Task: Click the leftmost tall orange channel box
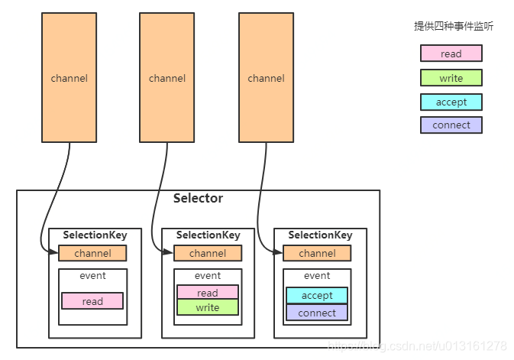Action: pyautogui.click(x=70, y=78)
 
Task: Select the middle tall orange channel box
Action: pyautogui.click(x=166, y=78)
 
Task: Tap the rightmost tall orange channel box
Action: pyautogui.click(x=267, y=78)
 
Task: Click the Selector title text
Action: pyautogui.click(x=198, y=199)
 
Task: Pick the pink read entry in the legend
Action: pyautogui.click(x=451, y=54)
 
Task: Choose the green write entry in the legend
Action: pyautogui.click(x=451, y=78)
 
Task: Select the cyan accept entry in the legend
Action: pyautogui.click(x=451, y=102)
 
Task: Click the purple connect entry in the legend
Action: pyautogui.click(x=451, y=125)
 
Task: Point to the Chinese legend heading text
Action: pyautogui.click(x=454, y=26)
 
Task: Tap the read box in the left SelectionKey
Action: pyautogui.click(x=92, y=301)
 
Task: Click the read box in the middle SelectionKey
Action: pyautogui.click(x=208, y=293)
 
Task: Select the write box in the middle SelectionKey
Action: pyautogui.click(x=208, y=307)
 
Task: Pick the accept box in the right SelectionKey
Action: pyautogui.click(x=317, y=295)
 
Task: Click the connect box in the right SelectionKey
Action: pyautogui.click(x=317, y=313)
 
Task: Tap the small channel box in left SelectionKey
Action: pyautogui.click(x=92, y=253)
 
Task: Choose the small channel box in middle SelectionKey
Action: pyautogui.click(x=208, y=253)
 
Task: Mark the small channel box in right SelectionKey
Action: pyautogui.click(x=317, y=253)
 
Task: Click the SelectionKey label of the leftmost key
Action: pyautogui.click(x=95, y=235)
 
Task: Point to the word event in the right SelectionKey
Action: pyautogui.click(x=317, y=276)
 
